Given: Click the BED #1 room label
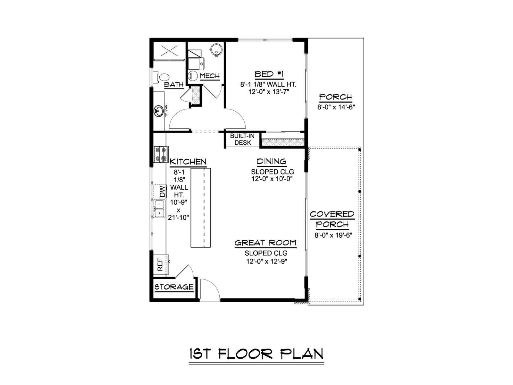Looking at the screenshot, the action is pos(269,74).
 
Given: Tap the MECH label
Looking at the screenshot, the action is pos(210,76).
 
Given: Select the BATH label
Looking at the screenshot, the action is pos(174,84).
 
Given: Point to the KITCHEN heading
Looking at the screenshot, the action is pos(188,161).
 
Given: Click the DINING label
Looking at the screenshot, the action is pos(272,161).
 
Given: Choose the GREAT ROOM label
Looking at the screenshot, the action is pos(265,243).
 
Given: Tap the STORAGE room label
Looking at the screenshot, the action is pos(174,287).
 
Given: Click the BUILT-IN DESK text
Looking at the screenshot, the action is pos(242,139).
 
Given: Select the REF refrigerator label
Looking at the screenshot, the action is pos(160,264).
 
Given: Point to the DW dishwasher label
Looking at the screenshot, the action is pos(162,192).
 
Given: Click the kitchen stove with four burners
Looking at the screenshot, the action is pos(161,154).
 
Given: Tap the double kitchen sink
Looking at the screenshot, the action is pos(159,209).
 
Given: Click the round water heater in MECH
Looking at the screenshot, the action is pos(215,50).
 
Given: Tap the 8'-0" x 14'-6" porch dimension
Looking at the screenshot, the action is pos(336,107).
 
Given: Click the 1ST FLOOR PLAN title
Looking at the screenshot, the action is pos(256,354).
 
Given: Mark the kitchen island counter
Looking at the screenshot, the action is pos(201,208).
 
